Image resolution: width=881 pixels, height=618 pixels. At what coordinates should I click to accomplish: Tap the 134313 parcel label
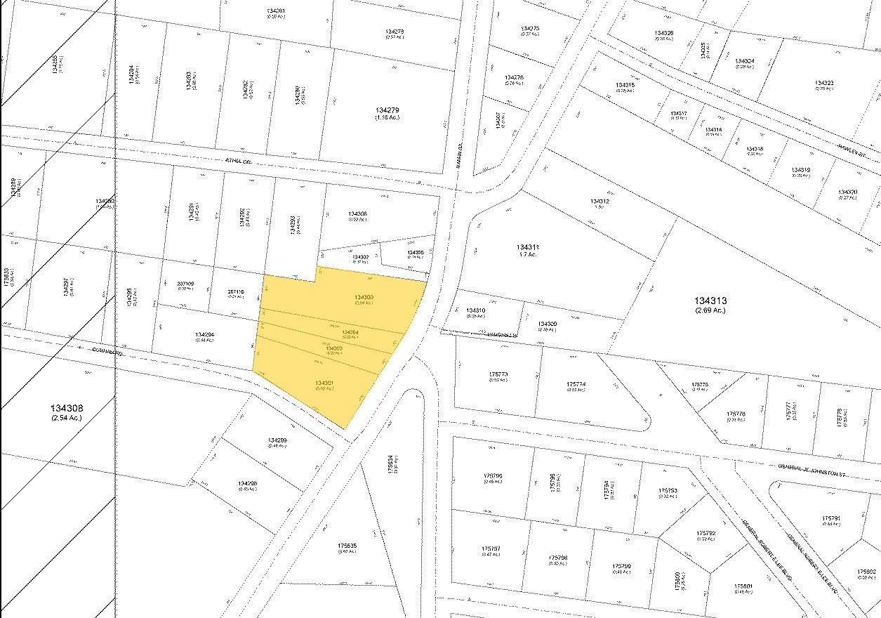pos(710,301)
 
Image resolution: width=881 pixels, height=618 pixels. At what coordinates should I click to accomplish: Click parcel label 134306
pos(357,213)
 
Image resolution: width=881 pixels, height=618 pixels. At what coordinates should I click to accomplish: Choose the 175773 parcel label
pos(498,374)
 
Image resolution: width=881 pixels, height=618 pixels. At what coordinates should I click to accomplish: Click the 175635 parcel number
pos(347,544)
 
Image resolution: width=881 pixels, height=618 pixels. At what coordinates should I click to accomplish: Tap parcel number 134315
pos(625,85)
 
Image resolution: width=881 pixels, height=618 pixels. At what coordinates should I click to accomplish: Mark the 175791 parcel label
pos(831,519)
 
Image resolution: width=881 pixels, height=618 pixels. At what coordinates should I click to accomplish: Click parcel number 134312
pos(600,201)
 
